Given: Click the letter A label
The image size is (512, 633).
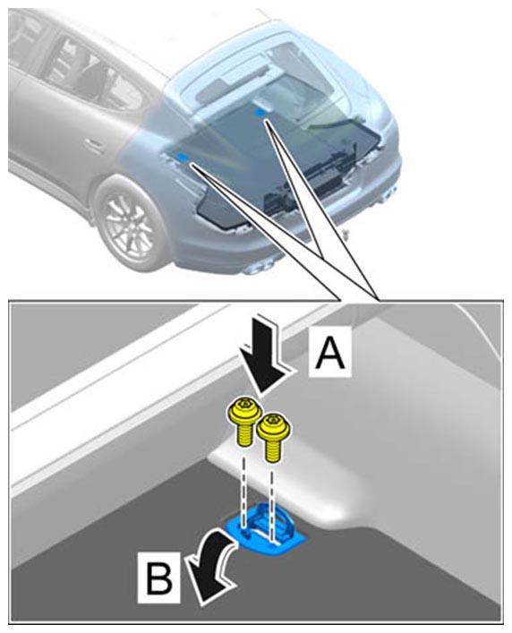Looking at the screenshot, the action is [330, 353].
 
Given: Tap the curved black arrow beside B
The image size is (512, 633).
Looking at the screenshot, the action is [212, 564].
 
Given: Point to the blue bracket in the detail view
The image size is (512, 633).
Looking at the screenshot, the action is [266, 527].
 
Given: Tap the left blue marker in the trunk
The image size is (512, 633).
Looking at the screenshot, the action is [183, 157].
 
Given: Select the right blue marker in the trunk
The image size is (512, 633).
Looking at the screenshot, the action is [261, 113].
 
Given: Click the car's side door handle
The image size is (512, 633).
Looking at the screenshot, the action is [95, 145].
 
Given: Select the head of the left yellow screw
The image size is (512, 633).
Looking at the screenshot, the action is [241, 410].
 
